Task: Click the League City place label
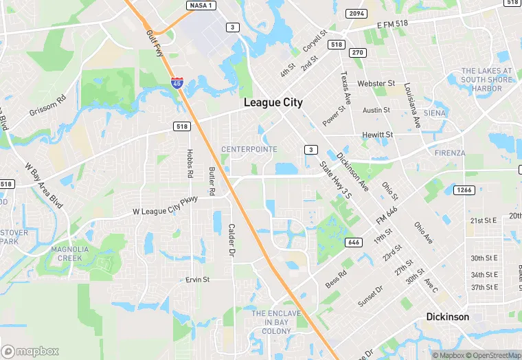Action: coord(273,102)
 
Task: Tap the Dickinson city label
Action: coord(447,317)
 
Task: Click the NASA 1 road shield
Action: coord(201,5)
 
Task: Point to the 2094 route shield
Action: coord(357,13)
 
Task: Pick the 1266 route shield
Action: coord(465,190)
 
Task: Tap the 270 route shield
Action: coord(357,52)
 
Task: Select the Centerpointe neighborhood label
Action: coord(249,148)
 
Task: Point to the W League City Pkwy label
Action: coord(165,205)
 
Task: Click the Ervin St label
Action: coord(198,280)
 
